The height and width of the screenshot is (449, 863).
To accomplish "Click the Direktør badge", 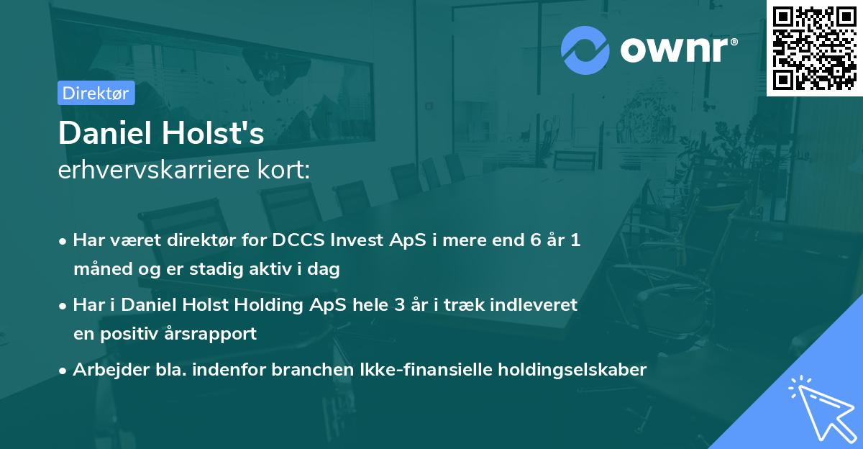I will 96,93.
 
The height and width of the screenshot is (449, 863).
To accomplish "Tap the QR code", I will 814,47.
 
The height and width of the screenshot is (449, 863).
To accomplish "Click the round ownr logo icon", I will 585,50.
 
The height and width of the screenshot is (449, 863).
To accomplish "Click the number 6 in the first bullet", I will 534,240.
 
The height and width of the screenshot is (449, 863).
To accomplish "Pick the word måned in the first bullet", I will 98,270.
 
